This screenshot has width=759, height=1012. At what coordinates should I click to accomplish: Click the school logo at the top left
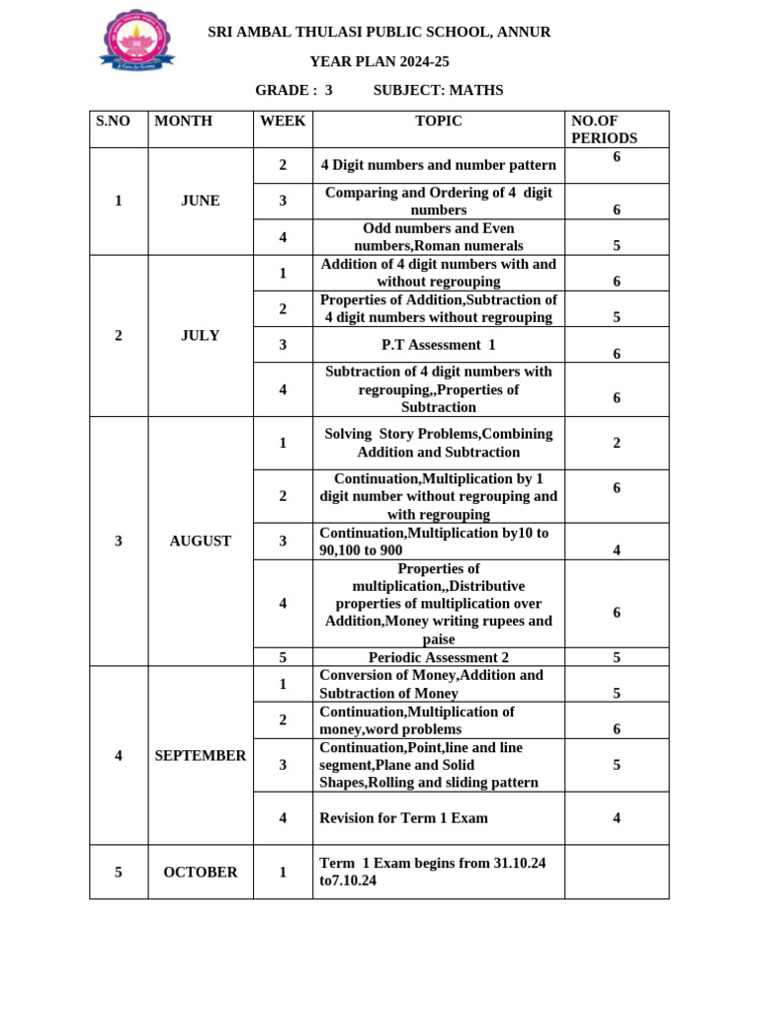tap(136, 41)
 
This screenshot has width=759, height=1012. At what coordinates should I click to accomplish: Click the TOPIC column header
tap(438, 122)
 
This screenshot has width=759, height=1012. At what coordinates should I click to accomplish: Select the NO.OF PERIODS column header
tap(604, 129)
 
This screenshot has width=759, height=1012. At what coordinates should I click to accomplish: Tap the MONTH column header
tap(183, 122)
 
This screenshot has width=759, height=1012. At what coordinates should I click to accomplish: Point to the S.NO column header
tap(113, 122)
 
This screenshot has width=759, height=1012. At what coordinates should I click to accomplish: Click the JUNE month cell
tap(201, 201)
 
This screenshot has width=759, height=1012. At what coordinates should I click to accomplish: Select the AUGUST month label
tap(201, 541)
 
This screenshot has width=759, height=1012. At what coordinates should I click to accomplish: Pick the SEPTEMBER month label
tap(201, 755)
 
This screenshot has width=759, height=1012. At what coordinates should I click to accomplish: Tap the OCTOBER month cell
tap(201, 872)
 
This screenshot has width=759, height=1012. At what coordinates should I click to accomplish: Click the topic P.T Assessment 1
tap(438, 345)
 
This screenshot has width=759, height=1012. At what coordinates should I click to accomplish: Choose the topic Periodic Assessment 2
tap(438, 657)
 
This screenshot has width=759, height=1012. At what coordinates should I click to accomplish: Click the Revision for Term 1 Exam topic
tap(403, 818)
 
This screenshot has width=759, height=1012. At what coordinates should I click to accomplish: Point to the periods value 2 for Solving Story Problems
tap(617, 443)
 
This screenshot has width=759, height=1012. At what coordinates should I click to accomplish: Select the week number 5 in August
tap(283, 657)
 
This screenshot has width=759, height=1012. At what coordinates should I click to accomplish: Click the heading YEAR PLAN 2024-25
tap(379, 61)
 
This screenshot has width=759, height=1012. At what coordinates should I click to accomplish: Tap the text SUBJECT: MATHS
tap(438, 90)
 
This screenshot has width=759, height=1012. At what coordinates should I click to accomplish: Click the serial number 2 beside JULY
tap(119, 335)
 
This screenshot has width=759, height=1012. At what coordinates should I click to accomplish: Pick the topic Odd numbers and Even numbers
tap(438, 236)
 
